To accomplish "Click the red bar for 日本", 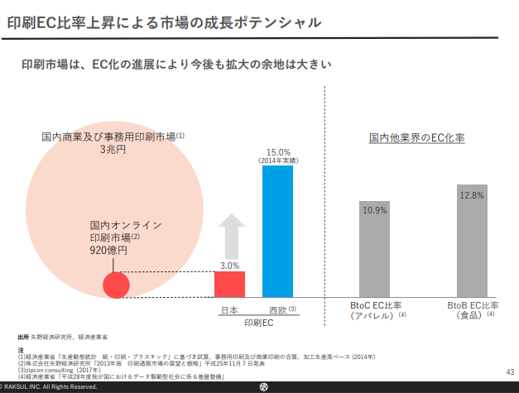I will click(229, 284).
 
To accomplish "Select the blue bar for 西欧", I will click(277, 232).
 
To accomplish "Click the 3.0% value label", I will click(229, 266).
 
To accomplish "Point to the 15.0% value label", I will click(278, 151).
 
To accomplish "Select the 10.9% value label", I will click(374, 210).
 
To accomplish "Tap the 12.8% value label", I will click(470, 195).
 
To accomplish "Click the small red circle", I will click(117, 284).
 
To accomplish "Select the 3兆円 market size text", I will click(113, 150).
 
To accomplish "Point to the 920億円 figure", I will click(109, 249).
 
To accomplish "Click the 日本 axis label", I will click(229, 309).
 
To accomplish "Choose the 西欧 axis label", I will click(275, 309).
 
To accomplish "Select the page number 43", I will click(509, 371).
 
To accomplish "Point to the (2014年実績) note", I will click(278, 161).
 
